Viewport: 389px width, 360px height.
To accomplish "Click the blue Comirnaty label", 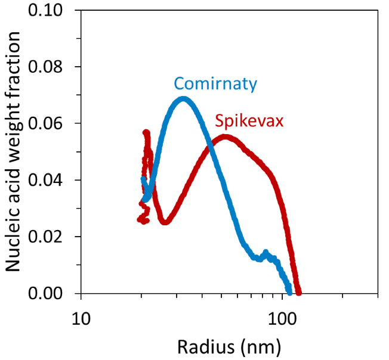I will pos(215,84).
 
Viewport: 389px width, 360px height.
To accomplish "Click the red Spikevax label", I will pos(249,122).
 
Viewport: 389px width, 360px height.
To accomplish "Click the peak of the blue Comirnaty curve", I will pos(183,99).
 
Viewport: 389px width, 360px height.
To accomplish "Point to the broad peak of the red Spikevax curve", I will pos(225,137).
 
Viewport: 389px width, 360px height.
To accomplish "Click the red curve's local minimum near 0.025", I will pos(165,222).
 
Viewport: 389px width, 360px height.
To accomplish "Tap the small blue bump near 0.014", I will pos(265,253).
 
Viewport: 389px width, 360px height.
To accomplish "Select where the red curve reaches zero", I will pos(299,292).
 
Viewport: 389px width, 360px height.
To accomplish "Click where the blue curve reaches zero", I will pos(289,292).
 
